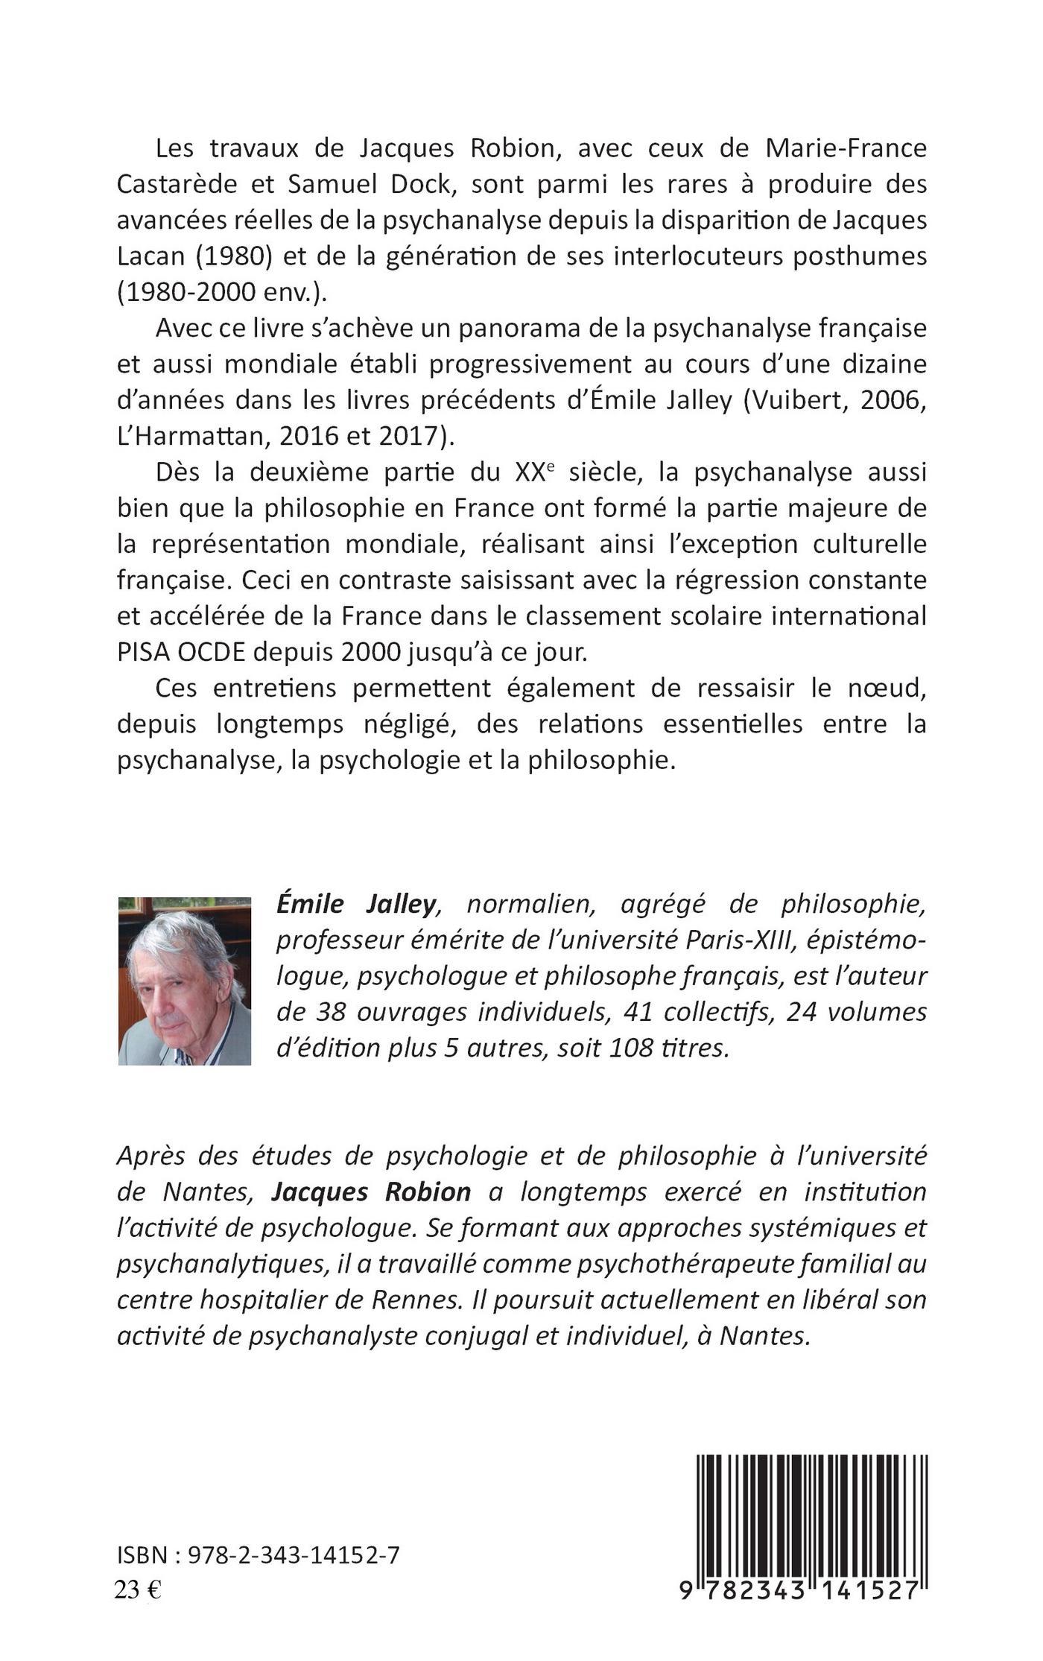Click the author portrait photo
click(184, 981)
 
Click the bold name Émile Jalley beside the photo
click(355, 905)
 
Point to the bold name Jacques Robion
click(371, 1192)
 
